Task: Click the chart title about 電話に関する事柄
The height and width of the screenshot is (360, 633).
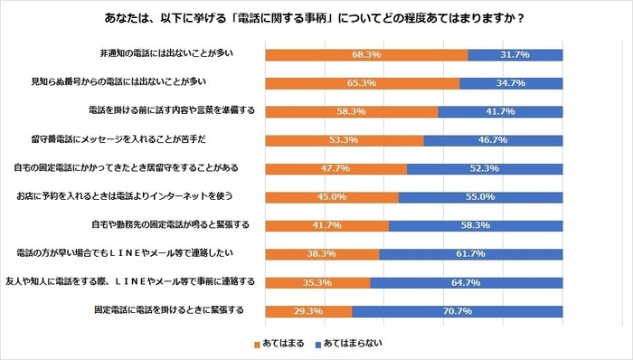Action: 316,18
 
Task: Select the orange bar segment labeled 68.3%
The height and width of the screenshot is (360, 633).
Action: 366,55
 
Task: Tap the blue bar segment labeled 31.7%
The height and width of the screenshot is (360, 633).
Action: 515,55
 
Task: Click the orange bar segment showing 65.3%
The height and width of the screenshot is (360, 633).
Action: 362,83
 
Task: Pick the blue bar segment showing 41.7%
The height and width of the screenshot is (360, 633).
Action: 500,112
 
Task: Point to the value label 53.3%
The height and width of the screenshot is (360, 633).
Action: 345,141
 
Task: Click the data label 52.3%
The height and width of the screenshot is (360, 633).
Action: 485,169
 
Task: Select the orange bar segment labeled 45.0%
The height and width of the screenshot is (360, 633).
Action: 331,197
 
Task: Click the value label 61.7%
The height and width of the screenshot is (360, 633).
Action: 471,254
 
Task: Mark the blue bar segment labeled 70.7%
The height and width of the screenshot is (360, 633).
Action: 458,311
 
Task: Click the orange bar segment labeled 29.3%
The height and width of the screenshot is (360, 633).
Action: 307,311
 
